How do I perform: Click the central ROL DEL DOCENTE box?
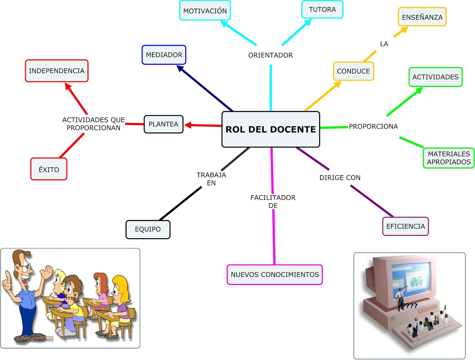click(x=270, y=129)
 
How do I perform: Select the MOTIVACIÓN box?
click(x=205, y=11)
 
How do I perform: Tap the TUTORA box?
click(x=322, y=10)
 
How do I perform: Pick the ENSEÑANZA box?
click(x=422, y=17)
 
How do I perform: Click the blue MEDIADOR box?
click(x=164, y=55)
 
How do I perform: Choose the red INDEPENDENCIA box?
click(x=56, y=71)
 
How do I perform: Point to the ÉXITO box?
click(x=49, y=169)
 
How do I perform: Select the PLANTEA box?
click(x=163, y=124)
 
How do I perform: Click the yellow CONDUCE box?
click(x=353, y=71)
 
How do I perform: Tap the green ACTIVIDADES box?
click(x=435, y=77)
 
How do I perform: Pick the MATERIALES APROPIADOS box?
click(x=449, y=158)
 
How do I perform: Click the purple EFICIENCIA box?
click(x=405, y=226)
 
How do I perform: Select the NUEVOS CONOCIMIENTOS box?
click(x=275, y=274)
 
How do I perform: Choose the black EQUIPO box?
click(x=148, y=229)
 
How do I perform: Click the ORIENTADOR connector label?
click(x=270, y=55)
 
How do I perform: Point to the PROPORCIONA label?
click(x=373, y=127)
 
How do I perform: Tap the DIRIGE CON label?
click(x=340, y=178)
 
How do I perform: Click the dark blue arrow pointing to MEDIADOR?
click(x=205, y=88)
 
